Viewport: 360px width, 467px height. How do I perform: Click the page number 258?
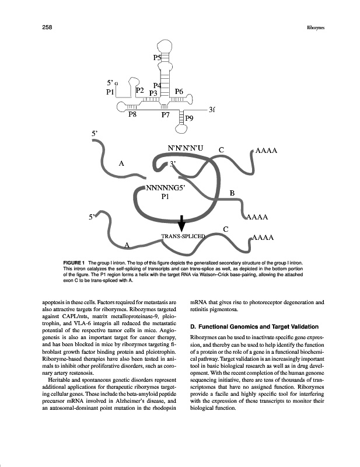47,27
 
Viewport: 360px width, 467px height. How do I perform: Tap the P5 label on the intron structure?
158,57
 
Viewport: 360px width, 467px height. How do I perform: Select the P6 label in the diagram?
180,92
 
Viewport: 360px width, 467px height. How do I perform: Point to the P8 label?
133,114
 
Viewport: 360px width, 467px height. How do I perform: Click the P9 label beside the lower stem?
190,124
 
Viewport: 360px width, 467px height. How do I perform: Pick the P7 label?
166,115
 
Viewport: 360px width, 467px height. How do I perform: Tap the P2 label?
140,90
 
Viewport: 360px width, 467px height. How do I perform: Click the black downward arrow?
181,223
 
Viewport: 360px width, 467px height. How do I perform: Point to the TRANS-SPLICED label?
183,236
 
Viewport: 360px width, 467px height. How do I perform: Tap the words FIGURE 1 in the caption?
74,263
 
